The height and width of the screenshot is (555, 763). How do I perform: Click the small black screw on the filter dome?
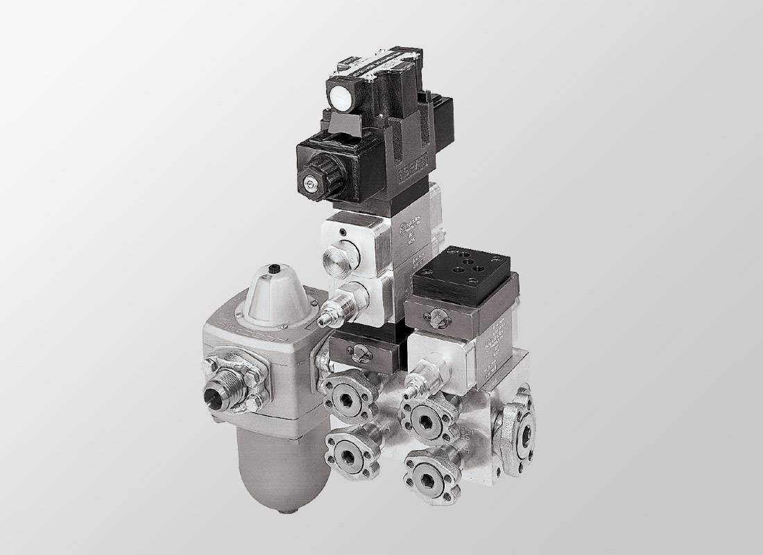(x=276, y=266)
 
